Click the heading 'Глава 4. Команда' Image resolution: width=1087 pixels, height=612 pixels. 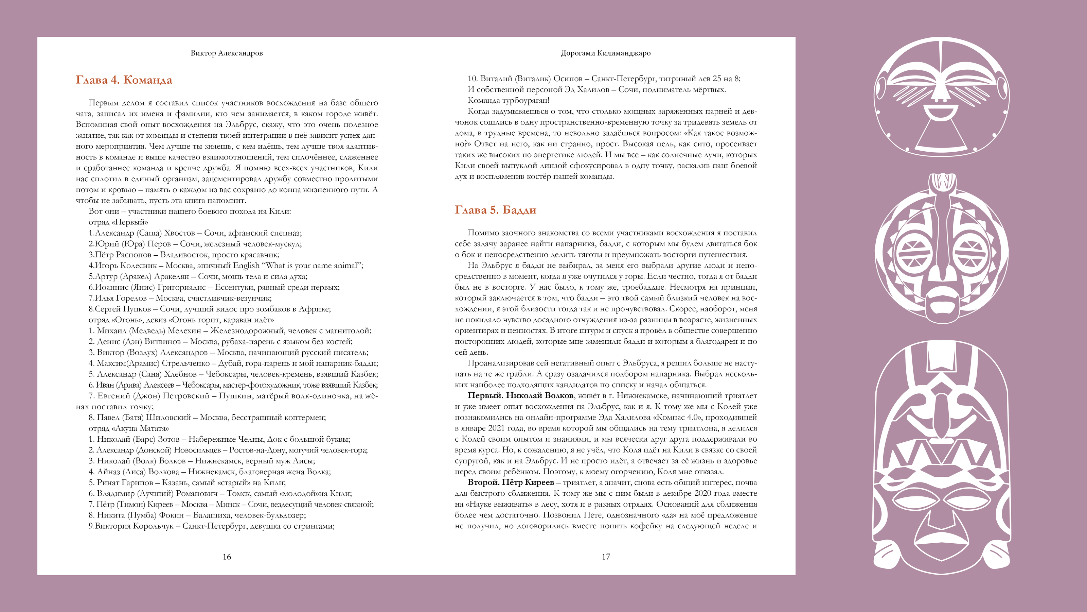pos(124,80)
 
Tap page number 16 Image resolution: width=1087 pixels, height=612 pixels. pos(227,557)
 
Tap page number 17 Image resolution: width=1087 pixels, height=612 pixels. pos(606,557)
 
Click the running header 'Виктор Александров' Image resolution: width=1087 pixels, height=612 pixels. pos(227,53)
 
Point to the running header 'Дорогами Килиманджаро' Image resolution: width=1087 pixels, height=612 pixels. pos(606,53)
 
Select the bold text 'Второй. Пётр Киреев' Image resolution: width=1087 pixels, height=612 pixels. pos(511,483)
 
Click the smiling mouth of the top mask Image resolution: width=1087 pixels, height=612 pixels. pos(940,113)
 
